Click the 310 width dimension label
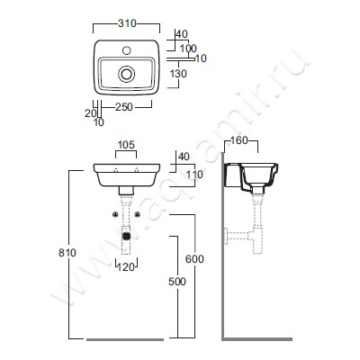(x=127, y=23)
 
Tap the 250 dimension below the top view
(x=124, y=106)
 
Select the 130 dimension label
(x=178, y=74)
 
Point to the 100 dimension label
(x=188, y=49)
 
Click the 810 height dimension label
(x=67, y=253)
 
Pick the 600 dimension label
(x=194, y=259)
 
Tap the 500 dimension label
(x=177, y=282)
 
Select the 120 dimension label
(x=126, y=266)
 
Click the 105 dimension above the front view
(x=126, y=145)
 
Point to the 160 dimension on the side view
(x=239, y=140)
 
